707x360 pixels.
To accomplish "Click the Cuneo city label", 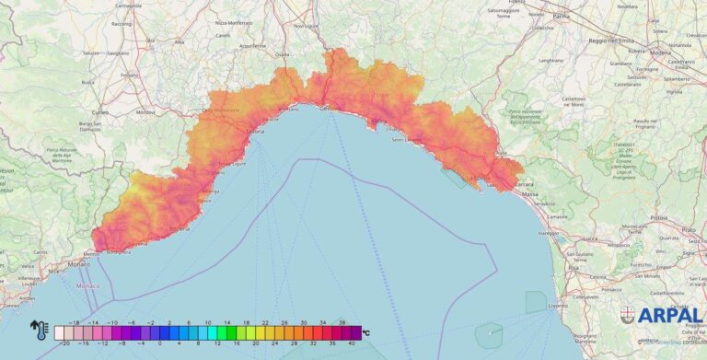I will coord(101,111).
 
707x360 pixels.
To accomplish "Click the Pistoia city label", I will coord(657,218).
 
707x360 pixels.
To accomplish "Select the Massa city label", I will coord(530,194).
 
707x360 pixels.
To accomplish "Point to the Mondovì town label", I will coord(145,111).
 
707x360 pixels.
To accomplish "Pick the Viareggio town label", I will coord(549,234).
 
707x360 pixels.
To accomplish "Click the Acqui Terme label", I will coord(250,44).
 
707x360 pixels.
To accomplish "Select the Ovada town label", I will coord(282,53).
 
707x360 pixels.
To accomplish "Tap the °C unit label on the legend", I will coord(365,332).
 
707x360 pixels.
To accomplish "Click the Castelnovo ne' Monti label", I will coord(573,100).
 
